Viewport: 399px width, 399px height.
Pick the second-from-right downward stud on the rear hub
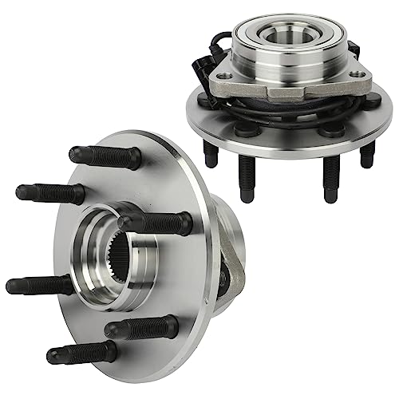pos(329,180)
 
